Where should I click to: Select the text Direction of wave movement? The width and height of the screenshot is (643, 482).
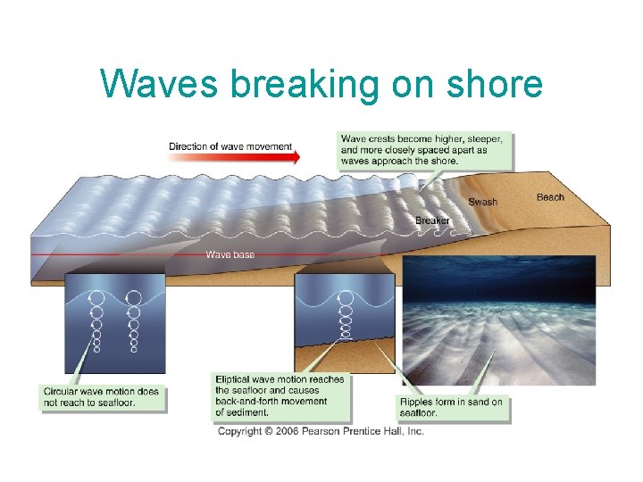230,145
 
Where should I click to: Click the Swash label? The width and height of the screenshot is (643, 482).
482,202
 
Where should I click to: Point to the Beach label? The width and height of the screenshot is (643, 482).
550,197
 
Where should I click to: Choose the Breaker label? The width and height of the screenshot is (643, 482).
432,220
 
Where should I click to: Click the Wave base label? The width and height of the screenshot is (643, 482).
230,254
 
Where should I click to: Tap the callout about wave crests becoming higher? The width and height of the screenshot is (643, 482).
425,150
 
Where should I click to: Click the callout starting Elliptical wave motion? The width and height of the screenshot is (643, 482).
280,395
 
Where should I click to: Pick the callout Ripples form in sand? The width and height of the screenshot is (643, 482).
450,407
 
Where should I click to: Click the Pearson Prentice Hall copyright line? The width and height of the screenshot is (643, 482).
321,431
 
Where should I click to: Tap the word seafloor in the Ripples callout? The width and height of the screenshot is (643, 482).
418,413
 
